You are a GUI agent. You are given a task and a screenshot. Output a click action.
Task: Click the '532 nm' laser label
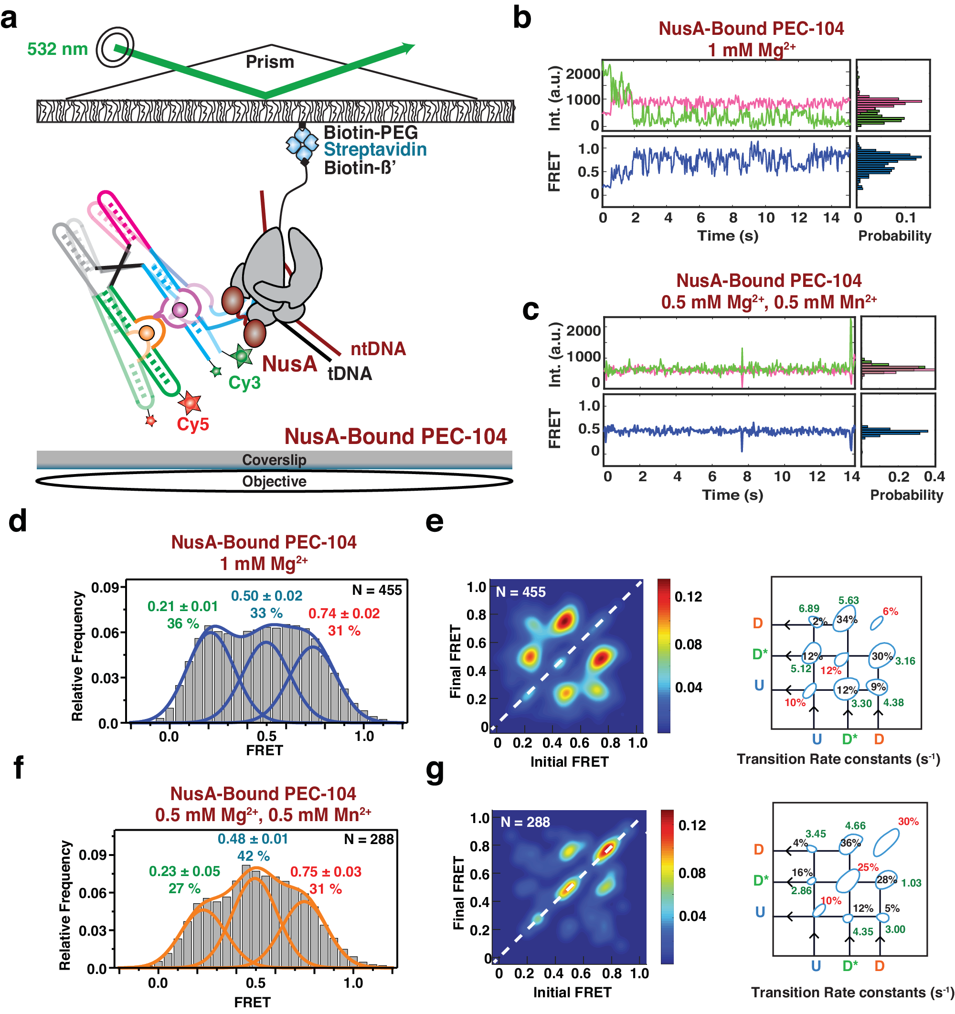tap(57, 50)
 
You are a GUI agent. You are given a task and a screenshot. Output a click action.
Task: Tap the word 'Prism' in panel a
tap(270, 62)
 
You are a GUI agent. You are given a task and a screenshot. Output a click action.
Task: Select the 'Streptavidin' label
tap(375, 149)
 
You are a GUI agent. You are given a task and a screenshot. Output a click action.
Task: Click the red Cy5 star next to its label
tap(191, 402)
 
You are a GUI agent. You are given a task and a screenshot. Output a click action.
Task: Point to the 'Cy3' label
tap(244, 382)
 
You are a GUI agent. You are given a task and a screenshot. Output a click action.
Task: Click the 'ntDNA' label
tap(378, 349)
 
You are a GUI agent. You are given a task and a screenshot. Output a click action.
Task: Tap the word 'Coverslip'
tap(274, 460)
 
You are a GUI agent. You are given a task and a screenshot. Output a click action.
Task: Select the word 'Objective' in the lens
tap(274, 482)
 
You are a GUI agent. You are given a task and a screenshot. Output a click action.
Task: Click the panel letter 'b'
tap(521, 18)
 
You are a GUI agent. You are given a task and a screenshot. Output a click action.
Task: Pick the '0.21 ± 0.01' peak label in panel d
tap(182, 606)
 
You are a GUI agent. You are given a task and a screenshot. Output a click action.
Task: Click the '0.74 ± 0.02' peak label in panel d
tap(344, 613)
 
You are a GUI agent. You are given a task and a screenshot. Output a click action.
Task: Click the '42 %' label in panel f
tap(254, 856)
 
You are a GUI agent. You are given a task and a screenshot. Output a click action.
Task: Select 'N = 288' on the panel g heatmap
tap(525, 822)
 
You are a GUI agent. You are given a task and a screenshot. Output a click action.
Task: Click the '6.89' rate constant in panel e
tap(809, 609)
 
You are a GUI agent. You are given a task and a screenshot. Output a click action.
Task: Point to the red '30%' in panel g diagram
tap(908, 822)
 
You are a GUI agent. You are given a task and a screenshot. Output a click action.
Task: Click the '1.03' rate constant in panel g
tap(911, 883)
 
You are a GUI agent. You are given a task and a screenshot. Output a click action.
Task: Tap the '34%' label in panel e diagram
tap(846, 620)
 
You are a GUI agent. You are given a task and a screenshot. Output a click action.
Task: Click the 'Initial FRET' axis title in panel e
tap(569, 761)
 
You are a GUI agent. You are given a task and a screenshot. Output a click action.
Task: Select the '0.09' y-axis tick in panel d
tap(105, 588)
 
